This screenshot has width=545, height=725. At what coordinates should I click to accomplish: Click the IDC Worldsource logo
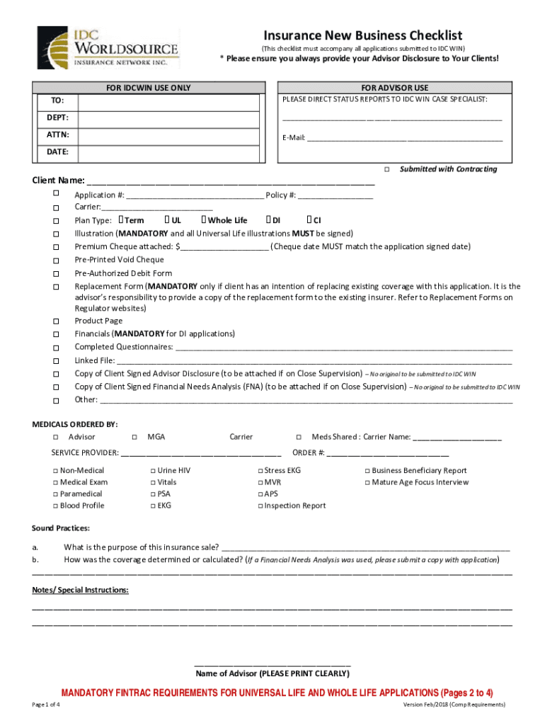[107, 47]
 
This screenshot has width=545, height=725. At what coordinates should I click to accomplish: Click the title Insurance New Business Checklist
[363, 35]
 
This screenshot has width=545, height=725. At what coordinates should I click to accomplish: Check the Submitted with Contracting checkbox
[387, 169]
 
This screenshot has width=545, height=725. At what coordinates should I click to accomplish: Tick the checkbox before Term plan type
[122, 220]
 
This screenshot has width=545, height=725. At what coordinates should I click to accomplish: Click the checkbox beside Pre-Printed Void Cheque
[55, 261]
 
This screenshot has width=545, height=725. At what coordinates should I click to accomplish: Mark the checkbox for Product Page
[55, 321]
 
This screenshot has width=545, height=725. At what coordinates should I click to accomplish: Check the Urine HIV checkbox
[153, 471]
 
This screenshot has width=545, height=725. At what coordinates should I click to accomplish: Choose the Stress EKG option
[260, 471]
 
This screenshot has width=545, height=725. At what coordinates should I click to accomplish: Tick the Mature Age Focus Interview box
[368, 483]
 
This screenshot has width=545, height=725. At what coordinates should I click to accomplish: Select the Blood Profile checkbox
[55, 506]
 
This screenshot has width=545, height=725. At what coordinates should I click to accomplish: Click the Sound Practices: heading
[61, 528]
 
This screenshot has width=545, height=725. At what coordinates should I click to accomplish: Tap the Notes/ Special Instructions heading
[80, 590]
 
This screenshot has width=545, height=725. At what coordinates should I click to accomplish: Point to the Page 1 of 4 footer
[46, 705]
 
